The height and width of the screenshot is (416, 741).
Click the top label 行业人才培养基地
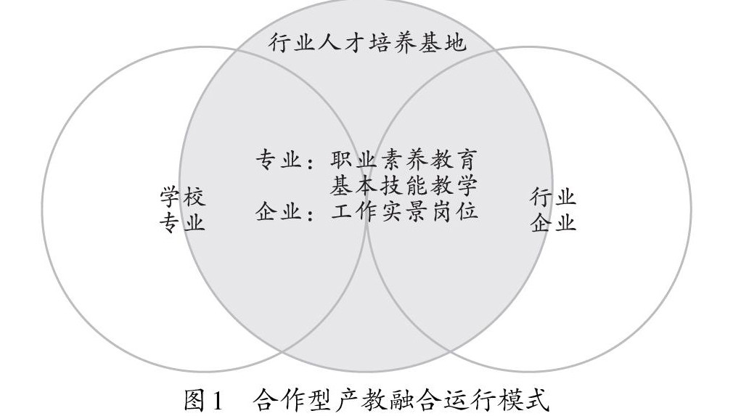367,43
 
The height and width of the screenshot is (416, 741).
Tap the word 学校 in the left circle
182,197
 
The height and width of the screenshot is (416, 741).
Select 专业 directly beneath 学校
182,221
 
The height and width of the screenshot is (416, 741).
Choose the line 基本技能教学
404,186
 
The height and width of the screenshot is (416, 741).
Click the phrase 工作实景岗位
404,213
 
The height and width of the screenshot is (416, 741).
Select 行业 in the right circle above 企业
553,197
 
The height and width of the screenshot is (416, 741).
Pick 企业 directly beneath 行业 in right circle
553,221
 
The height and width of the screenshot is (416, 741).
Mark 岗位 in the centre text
454,213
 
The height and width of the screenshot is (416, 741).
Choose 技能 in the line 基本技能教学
404,186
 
